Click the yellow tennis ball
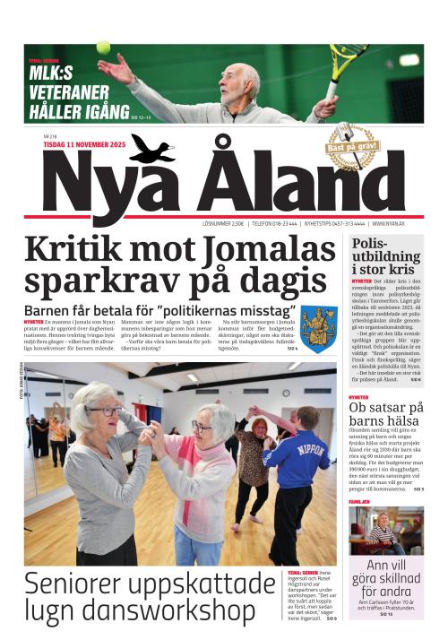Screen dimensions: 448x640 tap(103, 47)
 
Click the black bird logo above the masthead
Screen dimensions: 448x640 tap(152, 149)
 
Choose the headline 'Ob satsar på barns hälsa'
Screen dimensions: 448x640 tap(386, 418)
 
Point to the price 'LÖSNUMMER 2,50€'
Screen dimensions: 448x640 tap(225, 224)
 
